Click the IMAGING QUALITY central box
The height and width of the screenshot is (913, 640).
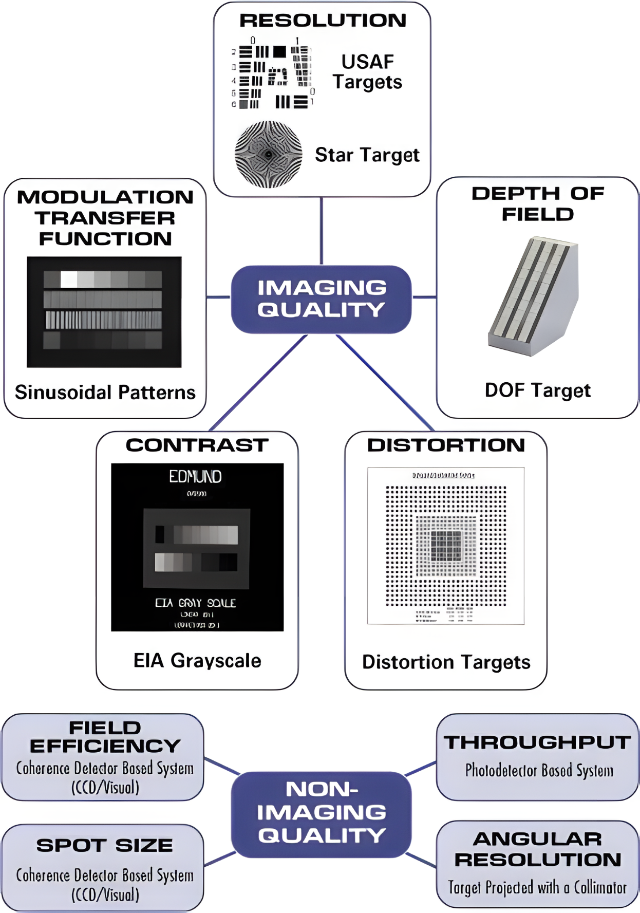point(321,299)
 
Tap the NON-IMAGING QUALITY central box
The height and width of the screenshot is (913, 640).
point(321,813)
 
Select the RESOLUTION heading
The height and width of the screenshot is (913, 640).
point(323,21)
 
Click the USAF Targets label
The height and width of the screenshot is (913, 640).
point(367,72)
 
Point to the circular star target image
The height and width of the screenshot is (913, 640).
point(268,154)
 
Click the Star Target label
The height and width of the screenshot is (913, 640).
point(367,155)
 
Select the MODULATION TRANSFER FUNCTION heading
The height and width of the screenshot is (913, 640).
point(105,218)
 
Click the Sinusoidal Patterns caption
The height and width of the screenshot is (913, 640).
point(105,393)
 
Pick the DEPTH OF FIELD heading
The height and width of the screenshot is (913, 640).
point(537,203)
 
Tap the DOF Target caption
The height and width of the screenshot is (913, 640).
point(537,390)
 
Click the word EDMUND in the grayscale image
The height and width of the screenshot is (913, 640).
point(196,477)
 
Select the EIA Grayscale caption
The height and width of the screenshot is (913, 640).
point(197,661)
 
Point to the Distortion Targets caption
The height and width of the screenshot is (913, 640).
point(446,662)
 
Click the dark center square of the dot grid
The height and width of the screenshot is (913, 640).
point(446,546)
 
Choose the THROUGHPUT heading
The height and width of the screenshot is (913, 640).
point(537,742)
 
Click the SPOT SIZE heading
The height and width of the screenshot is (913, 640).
point(104,846)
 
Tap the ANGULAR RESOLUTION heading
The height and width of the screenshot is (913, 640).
point(537,849)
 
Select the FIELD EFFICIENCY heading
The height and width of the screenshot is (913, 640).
point(105,737)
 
